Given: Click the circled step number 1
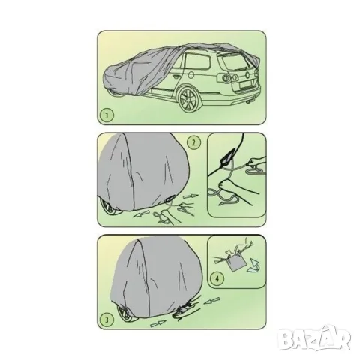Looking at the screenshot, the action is tap(106, 115).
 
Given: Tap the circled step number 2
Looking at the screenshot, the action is tap(193, 142).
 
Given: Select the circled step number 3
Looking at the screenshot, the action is tap(106, 319).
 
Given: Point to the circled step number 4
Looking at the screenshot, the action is tap(217, 278).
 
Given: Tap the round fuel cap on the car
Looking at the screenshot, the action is tap(191, 75).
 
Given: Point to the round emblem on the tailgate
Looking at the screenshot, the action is tap(247, 74).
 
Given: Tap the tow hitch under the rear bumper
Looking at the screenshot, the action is tap(250, 102).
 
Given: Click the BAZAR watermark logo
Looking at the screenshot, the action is tap(315, 338).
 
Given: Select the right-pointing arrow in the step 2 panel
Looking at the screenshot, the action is tap(190, 196).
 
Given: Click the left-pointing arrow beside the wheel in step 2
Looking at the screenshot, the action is tap(141, 214).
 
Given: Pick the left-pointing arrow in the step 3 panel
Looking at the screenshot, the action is tap(212, 301).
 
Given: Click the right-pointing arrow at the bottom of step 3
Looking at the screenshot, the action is tap(158, 323).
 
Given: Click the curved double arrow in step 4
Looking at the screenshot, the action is tap(253, 265).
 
